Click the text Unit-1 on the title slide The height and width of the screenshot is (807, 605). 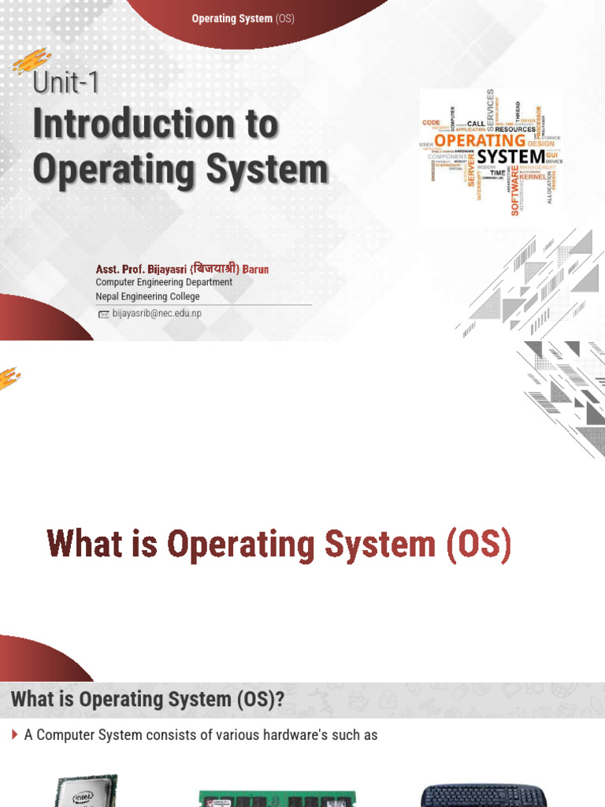(x=66, y=84)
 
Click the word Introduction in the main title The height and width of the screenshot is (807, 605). (x=155, y=125)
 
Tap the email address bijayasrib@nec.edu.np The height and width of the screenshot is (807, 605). (x=157, y=314)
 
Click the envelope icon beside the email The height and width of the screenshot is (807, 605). (x=103, y=314)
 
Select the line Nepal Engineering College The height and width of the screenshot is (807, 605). (x=147, y=296)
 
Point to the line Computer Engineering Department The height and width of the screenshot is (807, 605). (x=164, y=282)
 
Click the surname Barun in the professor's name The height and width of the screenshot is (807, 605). (x=255, y=269)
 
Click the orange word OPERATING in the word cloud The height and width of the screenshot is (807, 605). (x=480, y=141)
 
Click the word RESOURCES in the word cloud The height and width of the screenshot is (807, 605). (x=514, y=129)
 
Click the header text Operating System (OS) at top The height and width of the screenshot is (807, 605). (x=243, y=18)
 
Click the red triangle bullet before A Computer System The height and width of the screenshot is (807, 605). (x=15, y=734)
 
